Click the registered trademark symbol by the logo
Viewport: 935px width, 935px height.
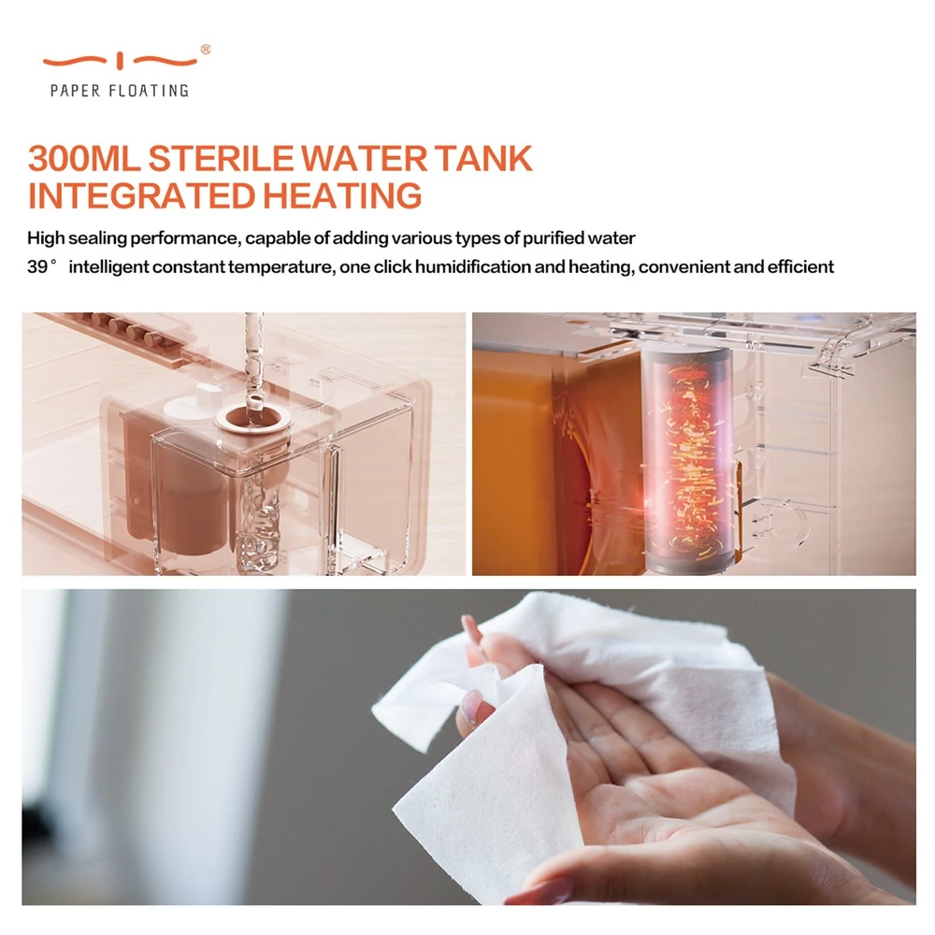205,50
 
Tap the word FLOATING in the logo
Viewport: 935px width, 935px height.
149,91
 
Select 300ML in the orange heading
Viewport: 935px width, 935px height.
83,158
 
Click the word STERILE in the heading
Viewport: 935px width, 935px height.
222,158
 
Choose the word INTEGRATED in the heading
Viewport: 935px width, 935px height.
142,195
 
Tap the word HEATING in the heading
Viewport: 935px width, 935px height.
342,195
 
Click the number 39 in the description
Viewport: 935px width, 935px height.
37,266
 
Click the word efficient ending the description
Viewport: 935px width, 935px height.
800,266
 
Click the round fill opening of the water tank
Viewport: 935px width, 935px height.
254,417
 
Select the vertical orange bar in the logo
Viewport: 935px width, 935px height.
120,60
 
